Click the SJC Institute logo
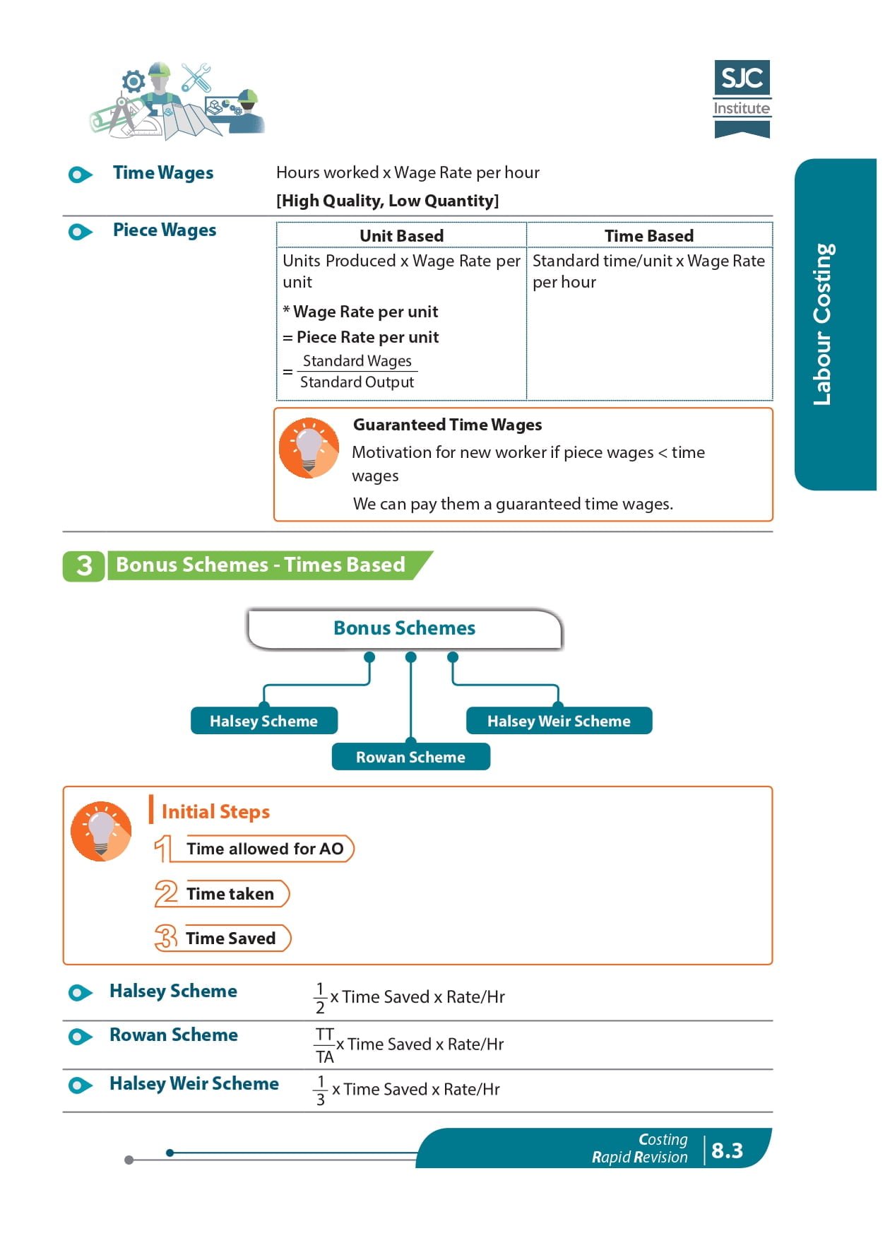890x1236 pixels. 742,99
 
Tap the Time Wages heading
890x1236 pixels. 163,173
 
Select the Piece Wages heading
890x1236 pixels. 165,230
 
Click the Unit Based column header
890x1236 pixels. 402,236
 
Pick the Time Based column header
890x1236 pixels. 649,236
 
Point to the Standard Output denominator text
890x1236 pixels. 357,382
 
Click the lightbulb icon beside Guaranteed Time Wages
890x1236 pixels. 309,448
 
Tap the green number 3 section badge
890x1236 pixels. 84,565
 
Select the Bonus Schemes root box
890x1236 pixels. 405,629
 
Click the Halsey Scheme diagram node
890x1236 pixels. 263,721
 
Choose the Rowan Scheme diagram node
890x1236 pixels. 410,757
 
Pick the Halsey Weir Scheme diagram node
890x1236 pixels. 559,721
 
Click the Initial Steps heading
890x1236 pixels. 216,811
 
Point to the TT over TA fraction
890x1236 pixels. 325,1046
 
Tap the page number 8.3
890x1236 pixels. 727,1150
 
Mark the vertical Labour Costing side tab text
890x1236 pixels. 823,324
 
